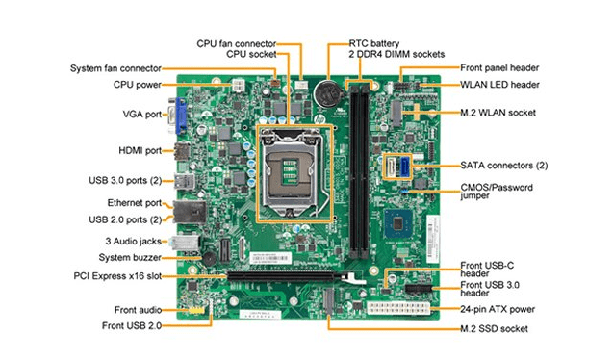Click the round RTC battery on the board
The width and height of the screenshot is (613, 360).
click(x=327, y=94)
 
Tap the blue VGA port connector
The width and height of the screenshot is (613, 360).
click(x=180, y=116)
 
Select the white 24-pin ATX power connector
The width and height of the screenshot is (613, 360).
click(x=398, y=308)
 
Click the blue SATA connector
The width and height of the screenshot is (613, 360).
click(x=404, y=166)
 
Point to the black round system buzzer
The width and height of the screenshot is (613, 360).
click(x=209, y=258)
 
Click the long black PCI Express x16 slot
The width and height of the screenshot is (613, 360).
click(x=281, y=275)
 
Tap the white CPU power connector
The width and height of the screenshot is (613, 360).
click(x=238, y=85)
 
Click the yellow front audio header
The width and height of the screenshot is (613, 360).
click(x=196, y=310)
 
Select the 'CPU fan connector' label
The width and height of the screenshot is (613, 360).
click(x=237, y=43)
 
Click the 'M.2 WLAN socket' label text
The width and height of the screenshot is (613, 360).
click(x=498, y=113)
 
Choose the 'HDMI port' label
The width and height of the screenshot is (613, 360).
click(x=140, y=150)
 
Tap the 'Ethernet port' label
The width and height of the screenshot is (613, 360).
click(x=135, y=203)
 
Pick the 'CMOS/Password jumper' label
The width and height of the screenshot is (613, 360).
click(x=497, y=192)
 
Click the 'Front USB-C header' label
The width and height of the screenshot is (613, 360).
click(x=487, y=270)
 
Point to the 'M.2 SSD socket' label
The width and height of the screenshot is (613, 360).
click(x=495, y=329)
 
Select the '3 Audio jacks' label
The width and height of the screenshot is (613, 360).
click(x=134, y=242)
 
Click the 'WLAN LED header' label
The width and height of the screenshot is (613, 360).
click(x=499, y=85)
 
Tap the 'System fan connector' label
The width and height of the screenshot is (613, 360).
click(x=115, y=68)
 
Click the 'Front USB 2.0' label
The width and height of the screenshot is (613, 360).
click(x=132, y=325)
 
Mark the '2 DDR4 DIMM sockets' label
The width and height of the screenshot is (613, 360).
click(x=396, y=54)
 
